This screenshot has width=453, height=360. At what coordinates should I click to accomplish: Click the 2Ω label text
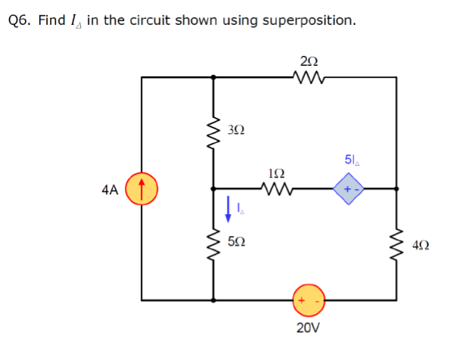pyautogui.click(x=309, y=59)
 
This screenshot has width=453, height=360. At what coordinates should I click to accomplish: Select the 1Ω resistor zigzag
pyautogui.click(x=271, y=188)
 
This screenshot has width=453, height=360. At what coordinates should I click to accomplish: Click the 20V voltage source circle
pyautogui.click(x=309, y=299)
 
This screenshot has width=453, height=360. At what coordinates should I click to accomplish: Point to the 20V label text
pyautogui.click(x=309, y=328)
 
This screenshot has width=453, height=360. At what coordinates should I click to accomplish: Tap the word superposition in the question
pyautogui.click(x=309, y=20)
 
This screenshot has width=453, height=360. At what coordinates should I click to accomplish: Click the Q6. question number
pyautogui.click(x=20, y=20)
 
